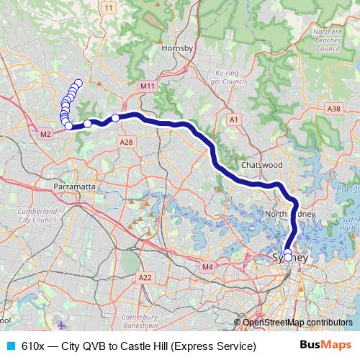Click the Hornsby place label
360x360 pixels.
tap(179, 48)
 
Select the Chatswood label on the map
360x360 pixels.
tap(260, 165)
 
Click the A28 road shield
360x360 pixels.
tap(127, 143)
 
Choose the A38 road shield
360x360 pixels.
tap(333, 108)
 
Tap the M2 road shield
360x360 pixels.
tap(45, 134)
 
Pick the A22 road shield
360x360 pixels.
tap(145, 276)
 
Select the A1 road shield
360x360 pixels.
tap(233, 119)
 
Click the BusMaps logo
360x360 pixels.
tap(325, 346)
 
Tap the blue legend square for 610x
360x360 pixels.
tap(10, 346)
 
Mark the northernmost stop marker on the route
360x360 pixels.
tap(78, 83)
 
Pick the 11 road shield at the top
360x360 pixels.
tap(109, 7)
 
